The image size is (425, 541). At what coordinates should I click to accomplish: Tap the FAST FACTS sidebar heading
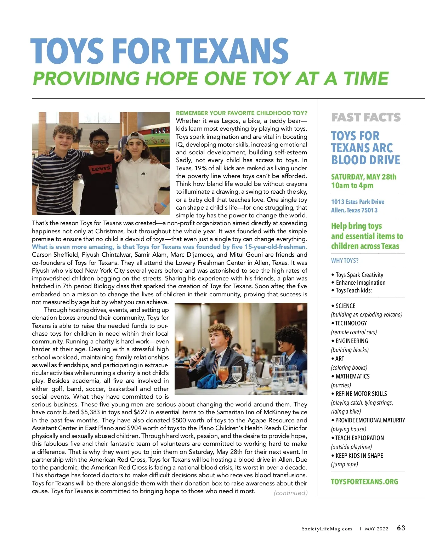click(366, 117)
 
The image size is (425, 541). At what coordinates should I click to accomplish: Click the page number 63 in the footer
click(401, 528)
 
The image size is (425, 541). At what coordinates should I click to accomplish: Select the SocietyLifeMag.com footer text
click(327, 529)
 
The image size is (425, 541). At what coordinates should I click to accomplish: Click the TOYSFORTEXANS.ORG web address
click(364, 482)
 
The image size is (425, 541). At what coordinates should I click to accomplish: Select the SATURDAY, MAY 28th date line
click(364, 177)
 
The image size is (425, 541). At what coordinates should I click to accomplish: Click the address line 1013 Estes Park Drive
click(358, 201)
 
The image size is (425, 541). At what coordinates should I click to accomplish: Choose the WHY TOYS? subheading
click(345, 261)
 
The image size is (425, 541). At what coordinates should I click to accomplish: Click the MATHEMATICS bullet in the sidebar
click(352, 376)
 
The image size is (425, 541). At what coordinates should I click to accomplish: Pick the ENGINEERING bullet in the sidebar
click(351, 341)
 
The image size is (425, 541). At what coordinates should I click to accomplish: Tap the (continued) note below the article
click(290, 492)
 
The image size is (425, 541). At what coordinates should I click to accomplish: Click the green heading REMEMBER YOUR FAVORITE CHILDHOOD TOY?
click(242, 113)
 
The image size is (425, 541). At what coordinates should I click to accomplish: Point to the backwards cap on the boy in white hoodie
click(136, 136)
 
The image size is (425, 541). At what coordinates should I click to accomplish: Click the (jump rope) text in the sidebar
click(344, 464)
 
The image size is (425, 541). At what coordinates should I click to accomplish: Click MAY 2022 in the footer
click(376, 529)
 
